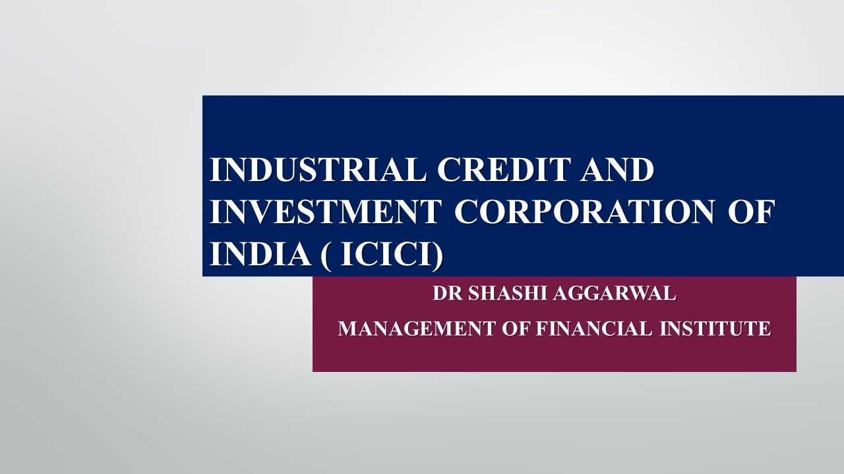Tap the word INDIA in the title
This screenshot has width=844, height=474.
[x=260, y=254]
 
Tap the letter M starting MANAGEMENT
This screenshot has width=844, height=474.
[x=347, y=328]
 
